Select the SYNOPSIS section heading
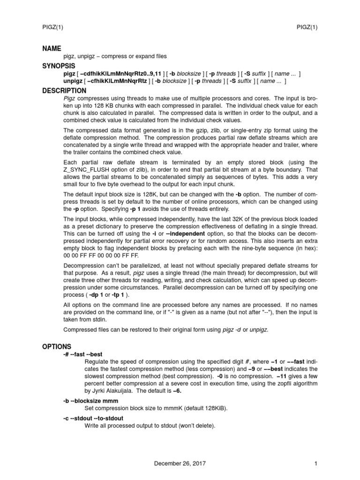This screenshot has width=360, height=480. tap(59, 66)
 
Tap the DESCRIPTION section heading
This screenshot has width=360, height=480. tap(64, 90)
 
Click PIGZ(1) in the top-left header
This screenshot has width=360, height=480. tap(53, 27)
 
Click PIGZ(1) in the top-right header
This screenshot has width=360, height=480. tap(307, 27)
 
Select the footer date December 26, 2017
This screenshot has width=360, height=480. tap(180, 464)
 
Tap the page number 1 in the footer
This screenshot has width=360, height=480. tap(316, 464)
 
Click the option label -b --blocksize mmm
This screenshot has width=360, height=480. tap(90, 401)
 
